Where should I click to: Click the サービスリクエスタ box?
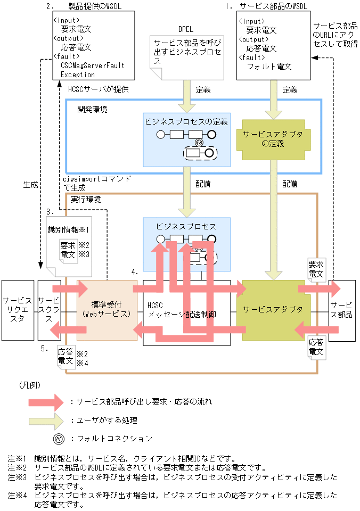(18, 310)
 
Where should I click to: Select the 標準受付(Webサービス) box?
(107, 310)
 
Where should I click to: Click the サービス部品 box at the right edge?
(342, 310)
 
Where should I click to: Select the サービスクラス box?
(50, 310)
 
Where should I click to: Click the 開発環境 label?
(92, 109)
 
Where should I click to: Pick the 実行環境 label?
(85, 199)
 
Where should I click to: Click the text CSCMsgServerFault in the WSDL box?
(92, 65)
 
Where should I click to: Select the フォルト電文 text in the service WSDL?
(269, 67)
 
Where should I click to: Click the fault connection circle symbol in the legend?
(59, 439)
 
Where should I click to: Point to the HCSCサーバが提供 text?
(98, 89)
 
